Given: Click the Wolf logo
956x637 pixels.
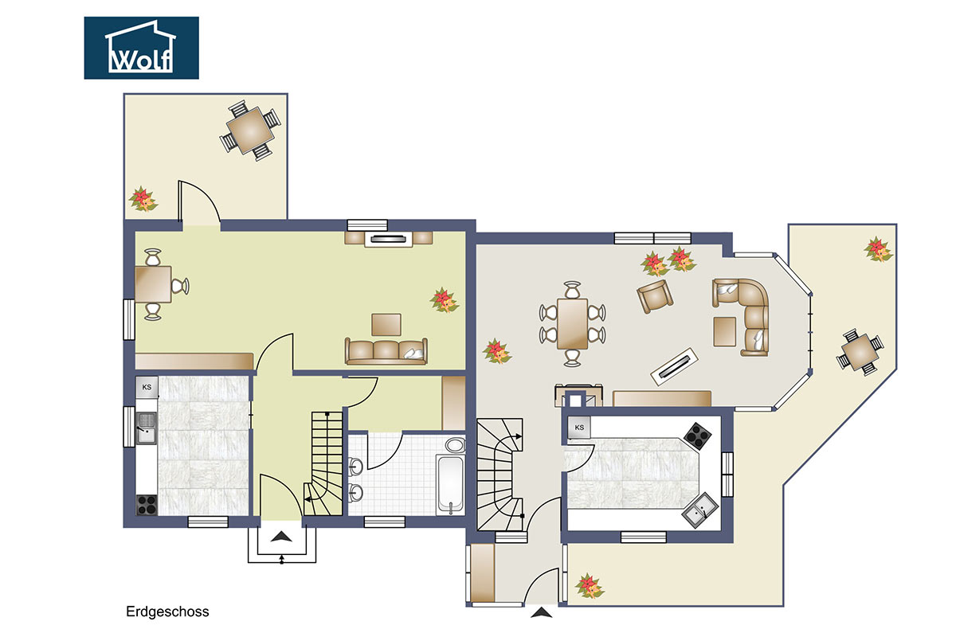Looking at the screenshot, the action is [141, 48].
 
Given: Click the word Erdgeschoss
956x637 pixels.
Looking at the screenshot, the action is [167, 612].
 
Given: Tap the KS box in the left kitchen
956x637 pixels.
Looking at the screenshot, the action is [147, 388].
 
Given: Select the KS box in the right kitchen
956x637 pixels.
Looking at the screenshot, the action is [579, 428].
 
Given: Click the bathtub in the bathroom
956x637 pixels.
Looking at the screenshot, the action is [450, 485].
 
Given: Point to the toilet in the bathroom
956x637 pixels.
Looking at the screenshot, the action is [456, 444].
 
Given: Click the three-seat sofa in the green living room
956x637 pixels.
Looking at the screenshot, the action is [386, 350].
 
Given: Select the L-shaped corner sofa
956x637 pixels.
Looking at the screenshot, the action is [745, 314].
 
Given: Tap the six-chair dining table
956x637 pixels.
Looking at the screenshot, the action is [572, 323].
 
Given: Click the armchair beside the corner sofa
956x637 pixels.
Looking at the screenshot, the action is [655, 296].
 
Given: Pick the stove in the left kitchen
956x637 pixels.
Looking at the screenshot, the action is [147, 505].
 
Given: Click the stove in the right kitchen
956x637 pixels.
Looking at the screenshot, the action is [698, 436].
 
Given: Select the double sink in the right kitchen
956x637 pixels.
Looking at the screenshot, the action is [699, 510].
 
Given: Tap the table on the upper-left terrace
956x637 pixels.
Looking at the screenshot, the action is [250, 131].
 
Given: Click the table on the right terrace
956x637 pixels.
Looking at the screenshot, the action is [860, 353].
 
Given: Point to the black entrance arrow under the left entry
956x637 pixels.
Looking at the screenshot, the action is [281, 537].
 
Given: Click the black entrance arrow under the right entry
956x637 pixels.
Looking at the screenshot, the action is [542, 612].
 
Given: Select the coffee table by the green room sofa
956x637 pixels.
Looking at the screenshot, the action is [386, 325].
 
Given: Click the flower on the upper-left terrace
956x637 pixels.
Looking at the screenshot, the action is [143, 199].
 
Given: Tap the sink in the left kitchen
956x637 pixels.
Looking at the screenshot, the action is [147, 428].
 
